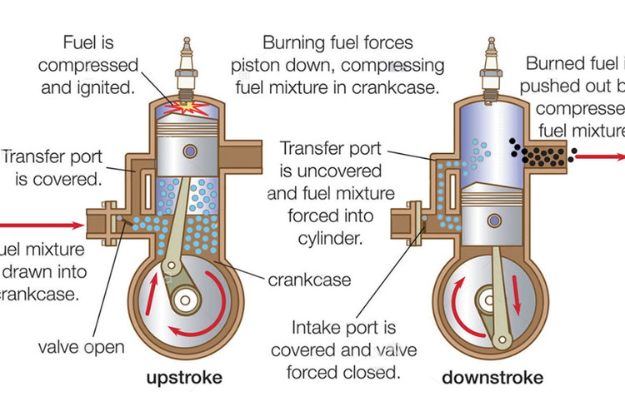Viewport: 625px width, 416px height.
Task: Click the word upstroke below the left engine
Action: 185,378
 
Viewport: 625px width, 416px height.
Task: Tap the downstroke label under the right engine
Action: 492,378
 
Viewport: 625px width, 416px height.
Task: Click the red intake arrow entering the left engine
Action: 42,224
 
